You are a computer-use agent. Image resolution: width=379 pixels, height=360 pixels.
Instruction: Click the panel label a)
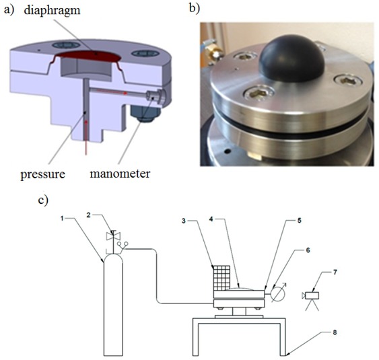(x=10, y=9)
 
